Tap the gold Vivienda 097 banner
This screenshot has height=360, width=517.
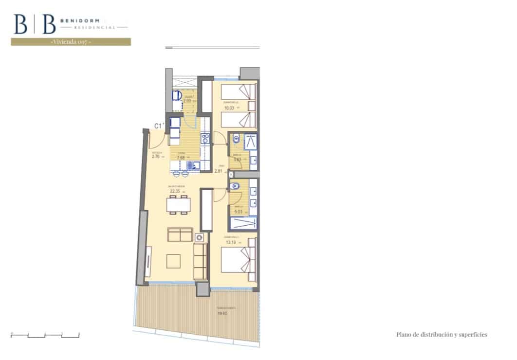(x=71, y=42)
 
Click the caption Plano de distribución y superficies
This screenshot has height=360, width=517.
(x=442, y=335)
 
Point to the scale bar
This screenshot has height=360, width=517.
(x=45, y=335)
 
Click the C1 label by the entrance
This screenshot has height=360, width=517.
(x=158, y=126)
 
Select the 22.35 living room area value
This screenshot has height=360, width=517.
(x=175, y=191)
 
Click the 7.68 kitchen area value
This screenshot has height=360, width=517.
(x=181, y=157)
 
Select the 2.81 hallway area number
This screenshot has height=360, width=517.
(x=218, y=171)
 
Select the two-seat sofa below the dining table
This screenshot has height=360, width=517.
(x=180, y=235)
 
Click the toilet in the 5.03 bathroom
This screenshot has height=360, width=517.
(x=234, y=185)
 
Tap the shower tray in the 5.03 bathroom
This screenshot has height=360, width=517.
(x=242, y=223)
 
